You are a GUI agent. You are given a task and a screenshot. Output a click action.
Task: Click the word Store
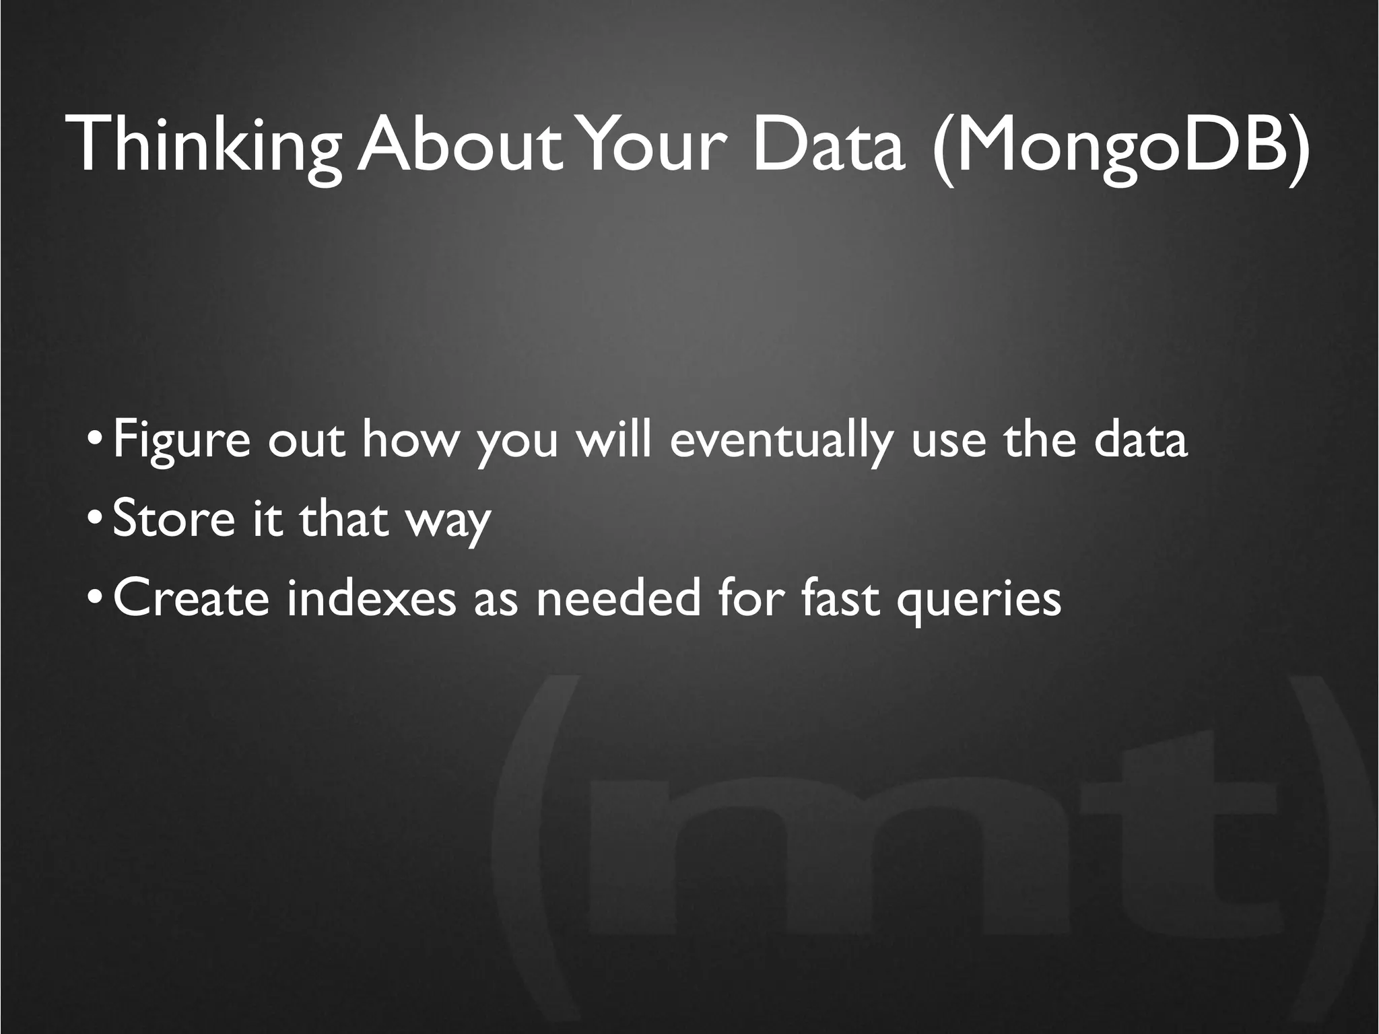(x=174, y=519)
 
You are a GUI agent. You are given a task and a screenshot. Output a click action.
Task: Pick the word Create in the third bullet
(x=191, y=598)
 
